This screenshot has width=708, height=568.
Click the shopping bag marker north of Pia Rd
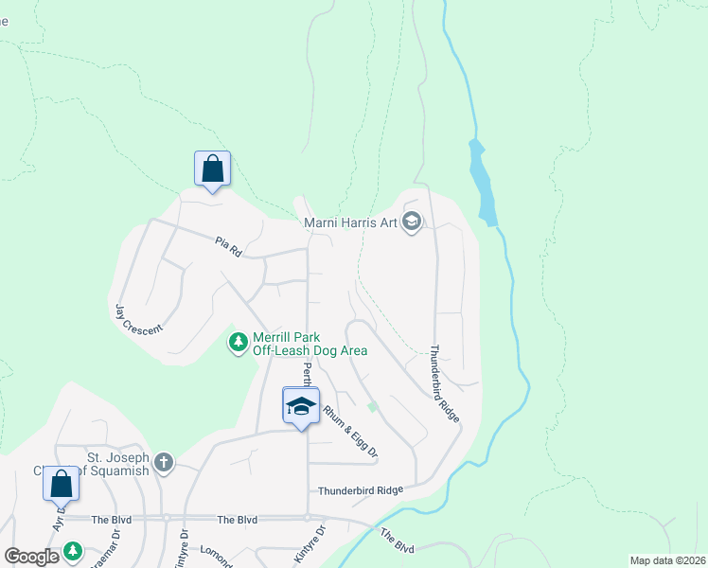click(213, 169)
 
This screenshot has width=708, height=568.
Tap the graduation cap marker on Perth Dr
click(301, 406)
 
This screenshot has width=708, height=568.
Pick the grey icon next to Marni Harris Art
click(412, 222)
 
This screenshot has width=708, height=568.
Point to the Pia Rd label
click(229, 248)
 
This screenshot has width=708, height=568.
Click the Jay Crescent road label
click(138, 318)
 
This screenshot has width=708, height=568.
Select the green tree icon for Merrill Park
click(239, 342)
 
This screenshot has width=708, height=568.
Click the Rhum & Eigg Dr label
click(350, 433)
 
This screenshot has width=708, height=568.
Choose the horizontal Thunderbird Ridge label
click(361, 490)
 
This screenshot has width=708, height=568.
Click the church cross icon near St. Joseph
click(164, 463)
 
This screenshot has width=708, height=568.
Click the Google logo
click(31, 556)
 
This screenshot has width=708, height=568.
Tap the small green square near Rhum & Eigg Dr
click(373, 407)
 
